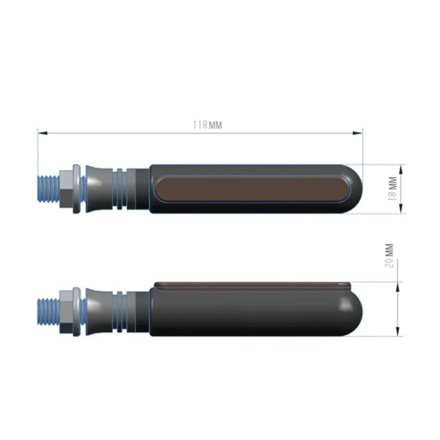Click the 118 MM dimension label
[x=207, y=125]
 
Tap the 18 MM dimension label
[x=392, y=188]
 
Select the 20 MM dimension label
[x=389, y=256]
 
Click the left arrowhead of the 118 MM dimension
[x=43, y=133]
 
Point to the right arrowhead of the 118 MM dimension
[x=357, y=133]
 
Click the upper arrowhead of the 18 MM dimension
[x=401, y=169]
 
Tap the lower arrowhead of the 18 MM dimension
[x=401, y=209]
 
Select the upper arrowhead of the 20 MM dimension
[x=397, y=287]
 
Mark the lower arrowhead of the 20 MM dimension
[x=397, y=331]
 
